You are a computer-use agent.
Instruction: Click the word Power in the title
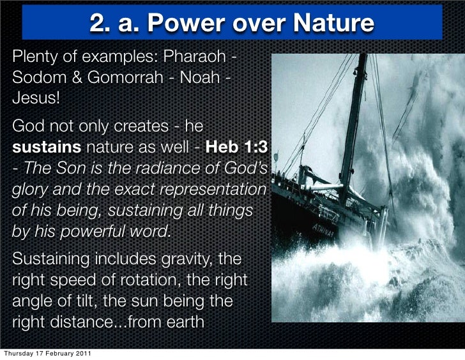(x=176, y=24)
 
